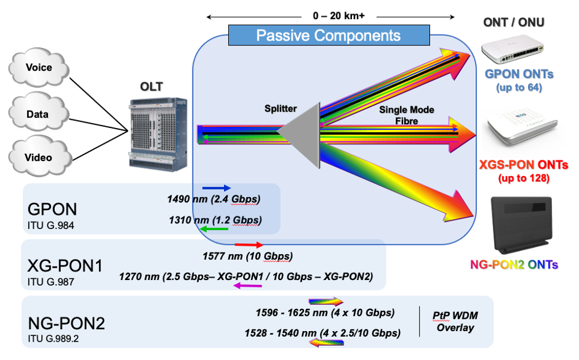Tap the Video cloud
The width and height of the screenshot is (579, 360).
click(x=38, y=158)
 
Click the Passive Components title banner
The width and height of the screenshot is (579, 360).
click(x=328, y=35)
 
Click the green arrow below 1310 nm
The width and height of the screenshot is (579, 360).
click(x=215, y=230)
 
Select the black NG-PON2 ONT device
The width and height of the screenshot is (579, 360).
click(x=522, y=225)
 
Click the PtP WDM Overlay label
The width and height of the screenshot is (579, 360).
click(x=455, y=321)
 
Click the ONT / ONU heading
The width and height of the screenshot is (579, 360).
click(x=514, y=23)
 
